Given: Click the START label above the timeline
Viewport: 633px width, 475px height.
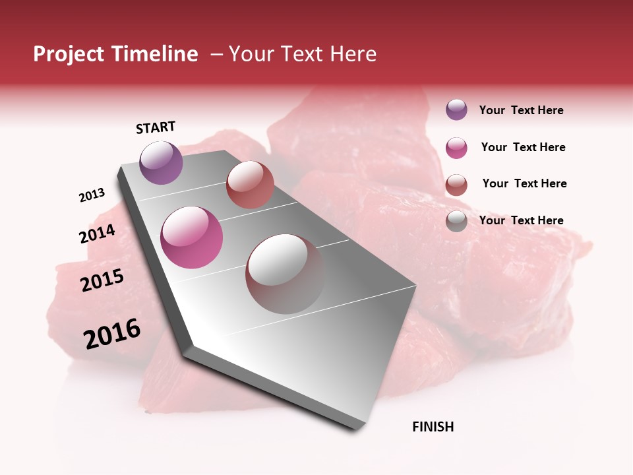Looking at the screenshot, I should click(x=156, y=127).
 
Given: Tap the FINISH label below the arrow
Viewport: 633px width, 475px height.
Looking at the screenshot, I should click(x=433, y=427).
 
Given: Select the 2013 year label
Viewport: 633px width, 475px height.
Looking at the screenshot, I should click(x=92, y=195).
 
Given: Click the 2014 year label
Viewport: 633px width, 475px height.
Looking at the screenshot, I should click(x=98, y=234).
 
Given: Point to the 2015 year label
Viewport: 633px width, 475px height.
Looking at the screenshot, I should click(x=102, y=281).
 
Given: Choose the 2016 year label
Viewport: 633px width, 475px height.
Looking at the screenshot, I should click(x=112, y=334).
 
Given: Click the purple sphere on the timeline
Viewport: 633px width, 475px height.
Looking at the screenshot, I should click(x=161, y=162).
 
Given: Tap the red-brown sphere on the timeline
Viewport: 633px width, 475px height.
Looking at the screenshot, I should click(x=250, y=184).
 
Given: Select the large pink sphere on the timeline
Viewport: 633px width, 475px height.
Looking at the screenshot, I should click(x=192, y=237).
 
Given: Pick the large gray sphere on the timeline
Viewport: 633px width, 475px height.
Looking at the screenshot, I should click(x=285, y=273).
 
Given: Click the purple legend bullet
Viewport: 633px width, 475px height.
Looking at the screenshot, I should click(x=456, y=110).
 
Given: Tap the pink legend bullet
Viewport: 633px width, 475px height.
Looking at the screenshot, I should click(x=456, y=148).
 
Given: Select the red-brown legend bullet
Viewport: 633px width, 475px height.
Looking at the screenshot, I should click(x=456, y=185).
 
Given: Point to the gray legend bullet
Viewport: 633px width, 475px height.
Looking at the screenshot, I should click(x=456, y=222).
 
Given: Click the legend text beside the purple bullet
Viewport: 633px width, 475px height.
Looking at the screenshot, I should click(x=521, y=110).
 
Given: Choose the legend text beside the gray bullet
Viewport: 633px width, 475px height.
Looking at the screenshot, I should click(x=521, y=220).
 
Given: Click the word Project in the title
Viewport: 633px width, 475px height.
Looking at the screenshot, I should click(x=69, y=55).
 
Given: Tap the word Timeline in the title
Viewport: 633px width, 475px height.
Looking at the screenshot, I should click(x=154, y=54).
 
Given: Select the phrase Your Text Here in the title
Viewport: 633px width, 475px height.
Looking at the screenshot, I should click(x=303, y=54).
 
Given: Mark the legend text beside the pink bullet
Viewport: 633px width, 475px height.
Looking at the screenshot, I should click(x=523, y=147).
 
